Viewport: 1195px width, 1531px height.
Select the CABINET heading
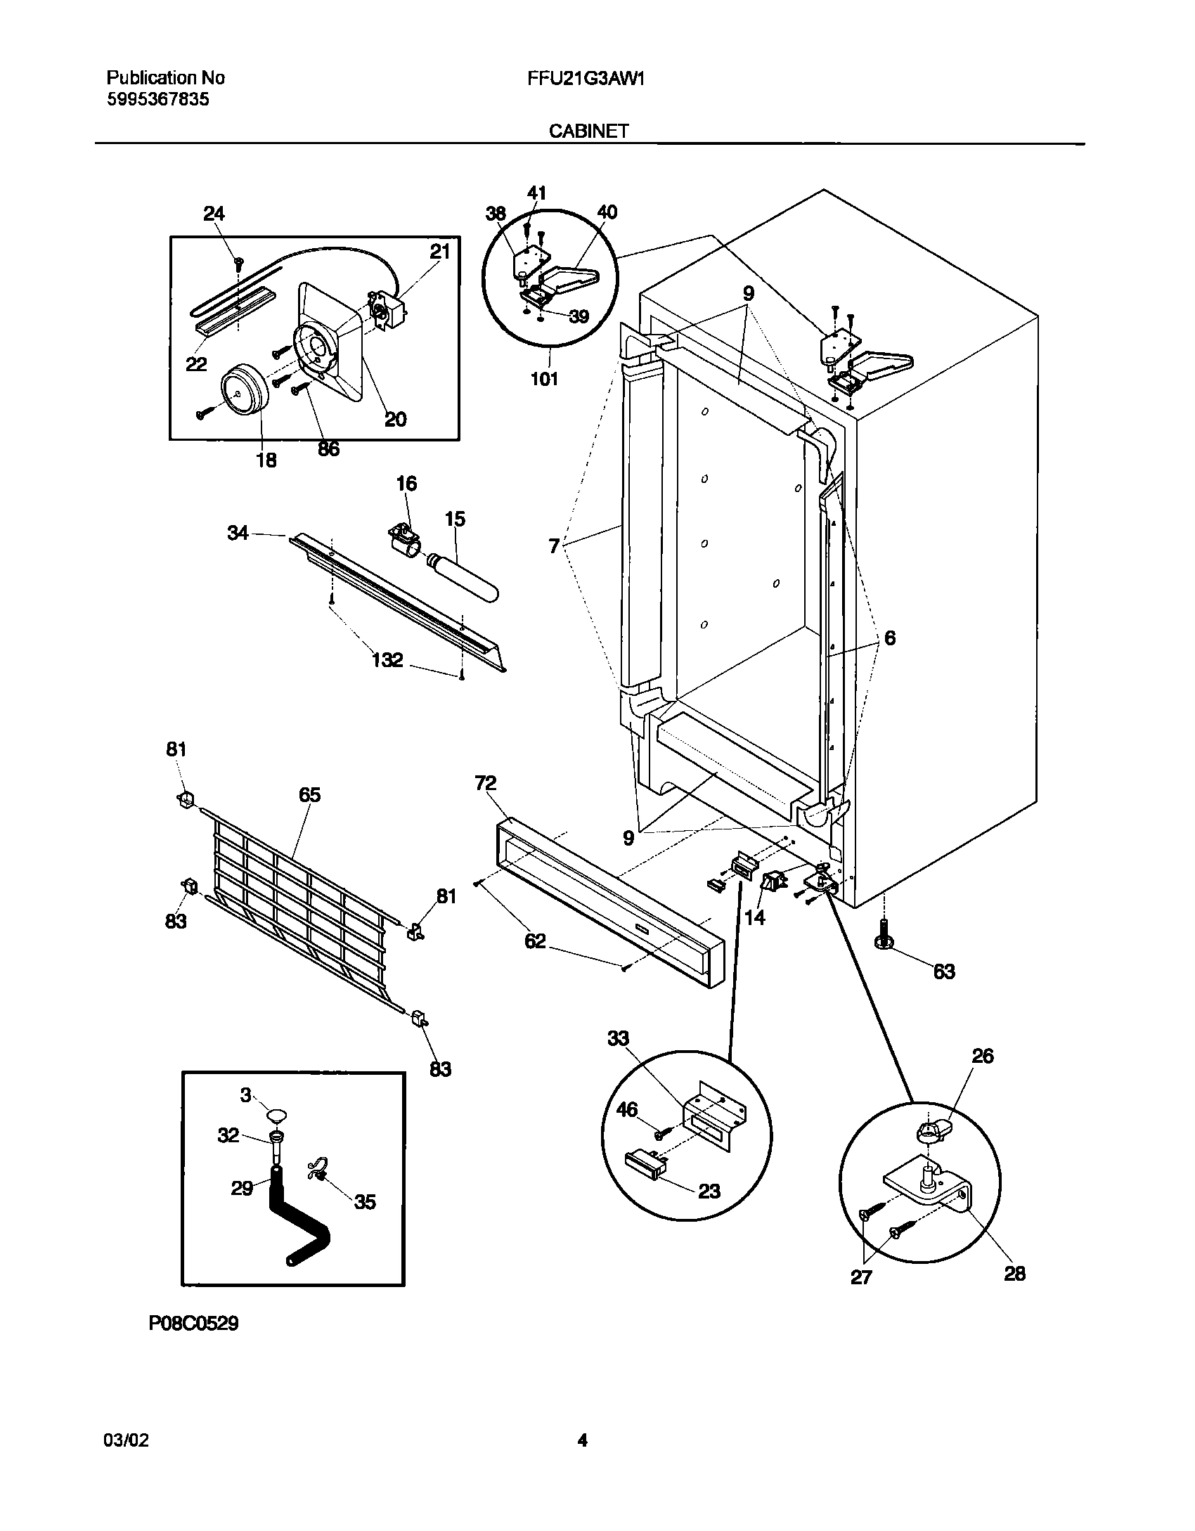[588, 131]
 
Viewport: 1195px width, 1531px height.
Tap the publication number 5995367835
[157, 99]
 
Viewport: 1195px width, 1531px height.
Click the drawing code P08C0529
[193, 1324]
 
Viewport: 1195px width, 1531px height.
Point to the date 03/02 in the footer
[126, 1440]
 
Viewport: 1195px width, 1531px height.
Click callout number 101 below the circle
[543, 380]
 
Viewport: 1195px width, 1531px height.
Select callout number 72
[485, 783]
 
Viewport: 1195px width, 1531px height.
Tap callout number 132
[387, 659]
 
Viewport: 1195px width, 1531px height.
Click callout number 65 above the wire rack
[309, 795]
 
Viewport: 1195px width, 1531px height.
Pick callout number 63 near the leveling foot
[943, 971]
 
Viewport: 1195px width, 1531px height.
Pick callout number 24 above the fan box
[214, 214]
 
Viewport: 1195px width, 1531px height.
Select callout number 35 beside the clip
[364, 1202]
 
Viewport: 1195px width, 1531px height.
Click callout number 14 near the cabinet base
[754, 917]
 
